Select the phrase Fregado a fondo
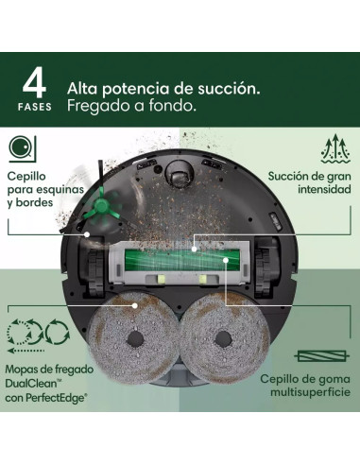pos(131,106)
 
